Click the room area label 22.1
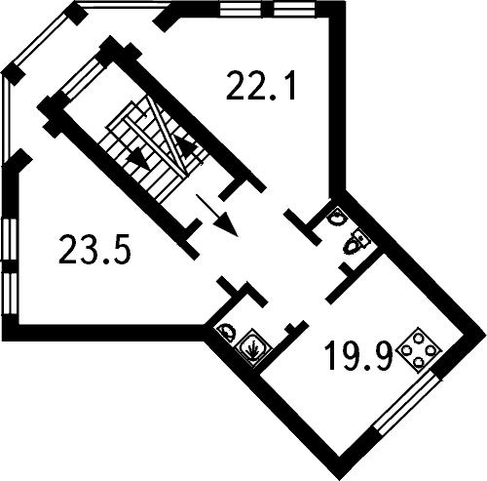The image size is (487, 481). [261, 87]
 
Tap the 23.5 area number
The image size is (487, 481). [94, 249]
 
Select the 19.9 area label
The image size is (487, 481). [359, 355]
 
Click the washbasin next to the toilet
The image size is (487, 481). [337, 216]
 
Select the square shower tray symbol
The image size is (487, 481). [253, 346]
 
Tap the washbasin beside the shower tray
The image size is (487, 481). [227, 331]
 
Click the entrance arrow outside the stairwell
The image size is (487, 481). [217, 215]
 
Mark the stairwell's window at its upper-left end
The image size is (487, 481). [83, 79]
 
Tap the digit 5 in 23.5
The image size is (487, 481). [122, 250]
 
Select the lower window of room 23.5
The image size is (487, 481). [10, 293]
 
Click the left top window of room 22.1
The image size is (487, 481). [241, 9]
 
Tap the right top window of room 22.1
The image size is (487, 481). [294, 9]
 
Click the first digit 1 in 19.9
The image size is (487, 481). [332, 355]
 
